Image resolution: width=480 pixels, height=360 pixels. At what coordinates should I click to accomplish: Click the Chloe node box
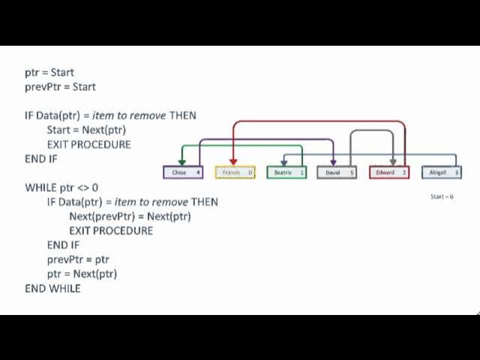coord(183,172)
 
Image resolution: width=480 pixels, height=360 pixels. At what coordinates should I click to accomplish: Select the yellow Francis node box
coord(235,172)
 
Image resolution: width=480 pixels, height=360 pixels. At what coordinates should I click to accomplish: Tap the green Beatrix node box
coord(286,172)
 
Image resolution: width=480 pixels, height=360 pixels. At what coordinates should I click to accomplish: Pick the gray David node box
coord(337,172)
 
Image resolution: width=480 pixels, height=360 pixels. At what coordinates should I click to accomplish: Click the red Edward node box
coord(388,172)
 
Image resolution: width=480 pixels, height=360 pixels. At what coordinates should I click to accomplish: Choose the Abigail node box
coord(440,172)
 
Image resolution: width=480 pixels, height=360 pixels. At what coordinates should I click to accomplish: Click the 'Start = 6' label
coord(442,196)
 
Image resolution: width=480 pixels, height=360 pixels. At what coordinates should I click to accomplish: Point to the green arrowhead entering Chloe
coord(181,162)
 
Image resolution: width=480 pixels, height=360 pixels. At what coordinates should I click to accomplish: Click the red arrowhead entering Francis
coord(234,162)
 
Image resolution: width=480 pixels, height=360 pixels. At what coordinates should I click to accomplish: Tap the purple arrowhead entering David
coord(333,162)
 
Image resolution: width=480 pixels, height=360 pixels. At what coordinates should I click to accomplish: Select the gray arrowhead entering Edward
coord(393,162)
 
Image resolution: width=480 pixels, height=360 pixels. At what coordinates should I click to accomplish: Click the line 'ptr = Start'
coord(49,73)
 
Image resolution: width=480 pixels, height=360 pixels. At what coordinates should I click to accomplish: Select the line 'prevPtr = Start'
coord(60,87)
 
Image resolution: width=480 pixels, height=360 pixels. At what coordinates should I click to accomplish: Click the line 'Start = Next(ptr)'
coord(86,130)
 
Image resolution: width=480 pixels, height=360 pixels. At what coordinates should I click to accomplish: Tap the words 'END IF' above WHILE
coord(41,159)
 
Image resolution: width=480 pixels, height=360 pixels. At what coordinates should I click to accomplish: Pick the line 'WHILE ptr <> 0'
coord(61,187)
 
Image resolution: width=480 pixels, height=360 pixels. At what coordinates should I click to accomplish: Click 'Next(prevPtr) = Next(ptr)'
coord(130,216)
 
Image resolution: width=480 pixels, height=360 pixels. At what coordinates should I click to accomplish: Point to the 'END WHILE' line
coord(52,288)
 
